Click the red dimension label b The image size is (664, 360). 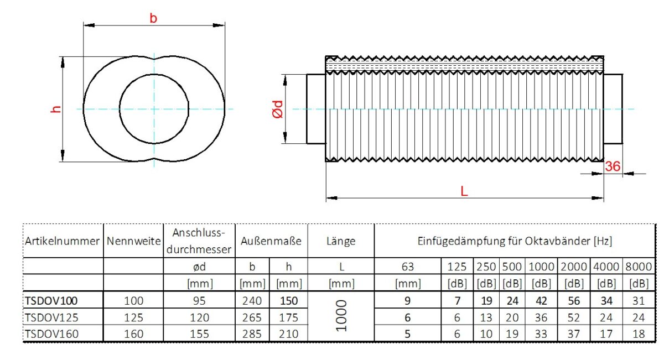(153, 18)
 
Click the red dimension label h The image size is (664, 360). (55, 109)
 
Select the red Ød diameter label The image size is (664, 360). (278, 109)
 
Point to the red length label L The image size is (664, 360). (464, 191)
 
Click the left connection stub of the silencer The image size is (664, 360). (316, 109)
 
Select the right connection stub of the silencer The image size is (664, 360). (613, 109)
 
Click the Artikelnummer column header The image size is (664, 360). (62, 241)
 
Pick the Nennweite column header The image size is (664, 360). (133, 241)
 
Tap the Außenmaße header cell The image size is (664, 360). (271, 241)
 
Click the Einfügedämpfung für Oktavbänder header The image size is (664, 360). (514, 241)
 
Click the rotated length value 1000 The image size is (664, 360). (340, 317)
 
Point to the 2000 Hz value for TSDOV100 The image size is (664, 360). (574, 301)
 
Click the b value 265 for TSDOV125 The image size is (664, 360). (252, 317)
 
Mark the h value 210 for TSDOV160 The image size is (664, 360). (288, 334)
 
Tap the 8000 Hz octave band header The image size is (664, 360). (639, 266)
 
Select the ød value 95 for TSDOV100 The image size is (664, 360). (199, 301)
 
